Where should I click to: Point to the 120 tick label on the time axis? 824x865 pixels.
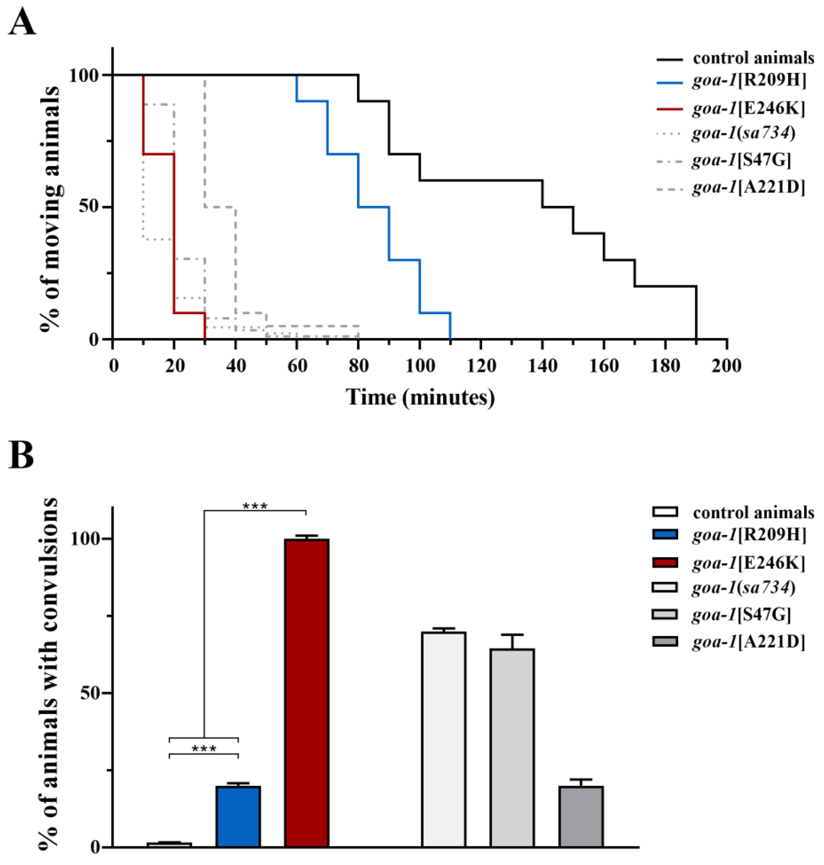481,366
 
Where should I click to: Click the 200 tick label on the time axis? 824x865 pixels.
727,366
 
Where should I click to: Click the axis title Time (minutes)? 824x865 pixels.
420,397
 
